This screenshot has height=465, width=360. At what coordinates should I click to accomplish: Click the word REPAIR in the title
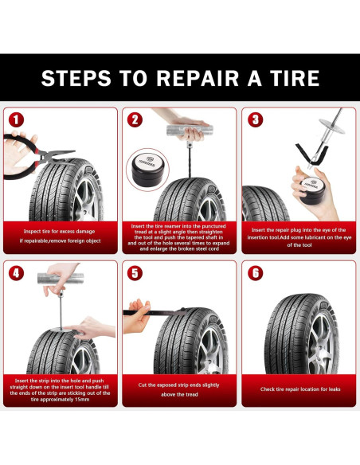(198, 78)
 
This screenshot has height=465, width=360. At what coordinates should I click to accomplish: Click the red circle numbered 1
(16, 119)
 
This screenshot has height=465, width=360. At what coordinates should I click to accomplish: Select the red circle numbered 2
(135, 119)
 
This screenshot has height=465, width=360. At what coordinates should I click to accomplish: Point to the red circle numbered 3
(256, 119)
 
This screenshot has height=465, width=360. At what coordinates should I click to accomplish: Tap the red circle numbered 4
(16, 273)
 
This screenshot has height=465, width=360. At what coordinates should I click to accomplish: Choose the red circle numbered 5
(135, 273)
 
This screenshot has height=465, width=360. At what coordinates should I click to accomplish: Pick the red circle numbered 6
(256, 273)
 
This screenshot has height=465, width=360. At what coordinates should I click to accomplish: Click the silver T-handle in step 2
(190, 131)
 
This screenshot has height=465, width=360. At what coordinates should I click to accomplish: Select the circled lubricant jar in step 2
(147, 170)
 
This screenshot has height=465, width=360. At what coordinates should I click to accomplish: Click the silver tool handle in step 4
(61, 279)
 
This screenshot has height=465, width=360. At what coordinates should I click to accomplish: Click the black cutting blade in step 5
(155, 312)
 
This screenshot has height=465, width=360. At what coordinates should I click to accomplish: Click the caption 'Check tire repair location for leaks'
(300, 389)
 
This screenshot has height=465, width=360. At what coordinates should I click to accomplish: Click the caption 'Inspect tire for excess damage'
(59, 232)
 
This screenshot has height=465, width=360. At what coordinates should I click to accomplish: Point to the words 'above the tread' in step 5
(179, 394)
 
